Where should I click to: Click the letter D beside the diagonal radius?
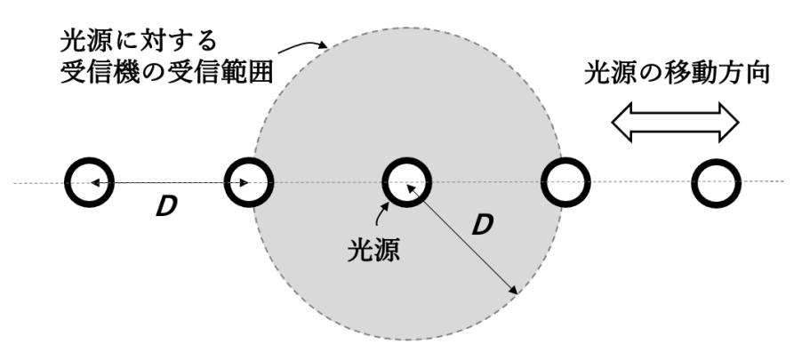coord(481,224)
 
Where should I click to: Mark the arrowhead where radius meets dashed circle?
coord(514,290)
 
